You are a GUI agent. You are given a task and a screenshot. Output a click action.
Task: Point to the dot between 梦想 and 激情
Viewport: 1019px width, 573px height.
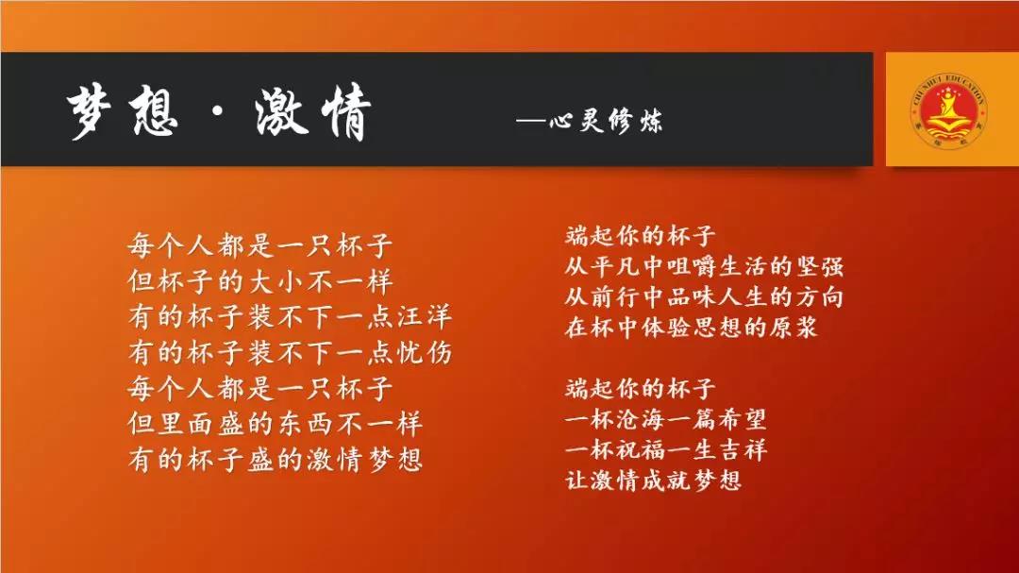click(x=217, y=113)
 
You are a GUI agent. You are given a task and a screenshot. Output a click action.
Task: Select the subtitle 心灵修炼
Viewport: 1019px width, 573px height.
click(x=606, y=121)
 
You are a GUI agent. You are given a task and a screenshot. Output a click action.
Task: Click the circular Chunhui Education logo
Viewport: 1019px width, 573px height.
click(x=948, y=110)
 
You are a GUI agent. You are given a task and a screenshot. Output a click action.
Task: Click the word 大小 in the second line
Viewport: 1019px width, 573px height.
click(x=275, y=281)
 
